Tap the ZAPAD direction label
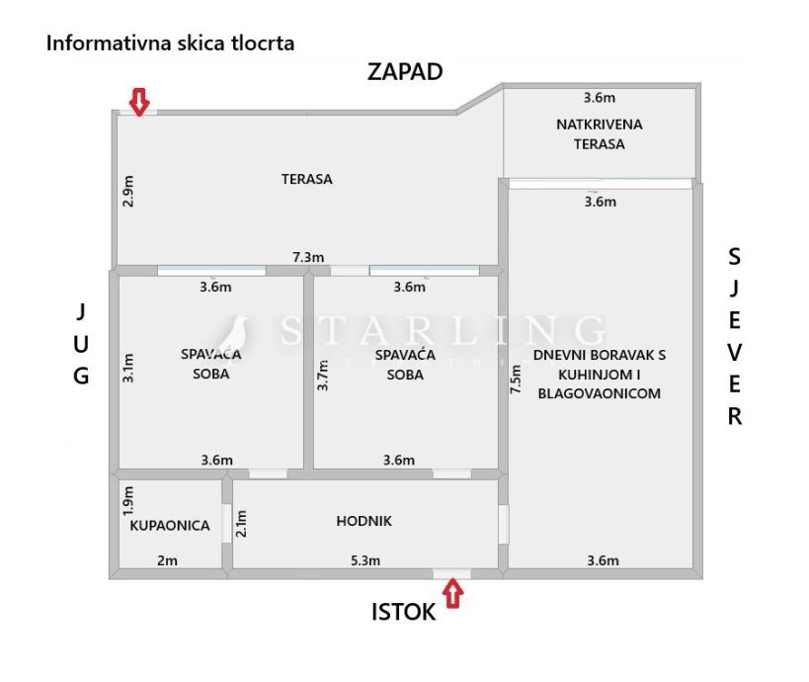405,72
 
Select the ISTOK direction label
403,612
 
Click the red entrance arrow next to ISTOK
453,594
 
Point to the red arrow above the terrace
140,101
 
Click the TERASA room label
306,179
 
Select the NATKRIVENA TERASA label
600,133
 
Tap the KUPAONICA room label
170,526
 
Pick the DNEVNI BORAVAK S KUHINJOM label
600,374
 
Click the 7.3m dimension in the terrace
308,257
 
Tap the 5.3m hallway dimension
365,561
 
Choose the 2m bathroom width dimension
167,561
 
